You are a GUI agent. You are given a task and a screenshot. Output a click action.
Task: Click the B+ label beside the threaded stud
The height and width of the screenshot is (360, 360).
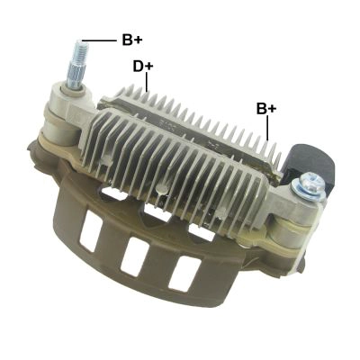(132, 40)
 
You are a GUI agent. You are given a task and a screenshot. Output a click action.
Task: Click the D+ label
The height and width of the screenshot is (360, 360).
(143, 67)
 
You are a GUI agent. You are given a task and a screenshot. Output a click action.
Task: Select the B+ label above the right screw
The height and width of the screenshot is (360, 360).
(266, 109)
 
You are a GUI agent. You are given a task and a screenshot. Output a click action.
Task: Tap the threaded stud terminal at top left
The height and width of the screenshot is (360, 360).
(77, 65)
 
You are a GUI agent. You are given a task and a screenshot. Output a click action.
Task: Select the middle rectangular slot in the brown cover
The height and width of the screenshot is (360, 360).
(136, 256)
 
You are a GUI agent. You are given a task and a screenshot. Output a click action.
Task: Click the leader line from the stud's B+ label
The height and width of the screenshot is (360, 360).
(99, 40)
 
